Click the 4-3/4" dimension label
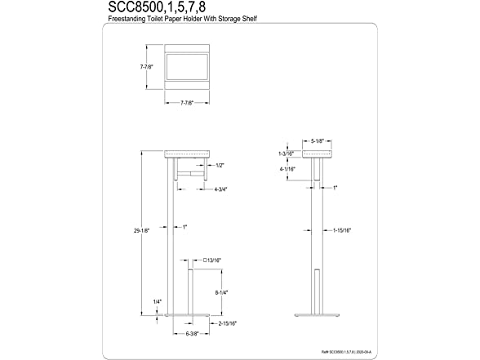220,189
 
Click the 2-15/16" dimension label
227,324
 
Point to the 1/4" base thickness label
157,302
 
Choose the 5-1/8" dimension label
318,140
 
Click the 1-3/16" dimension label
285,153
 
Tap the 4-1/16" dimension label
287,170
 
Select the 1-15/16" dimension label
341,230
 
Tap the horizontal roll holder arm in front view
193,175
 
